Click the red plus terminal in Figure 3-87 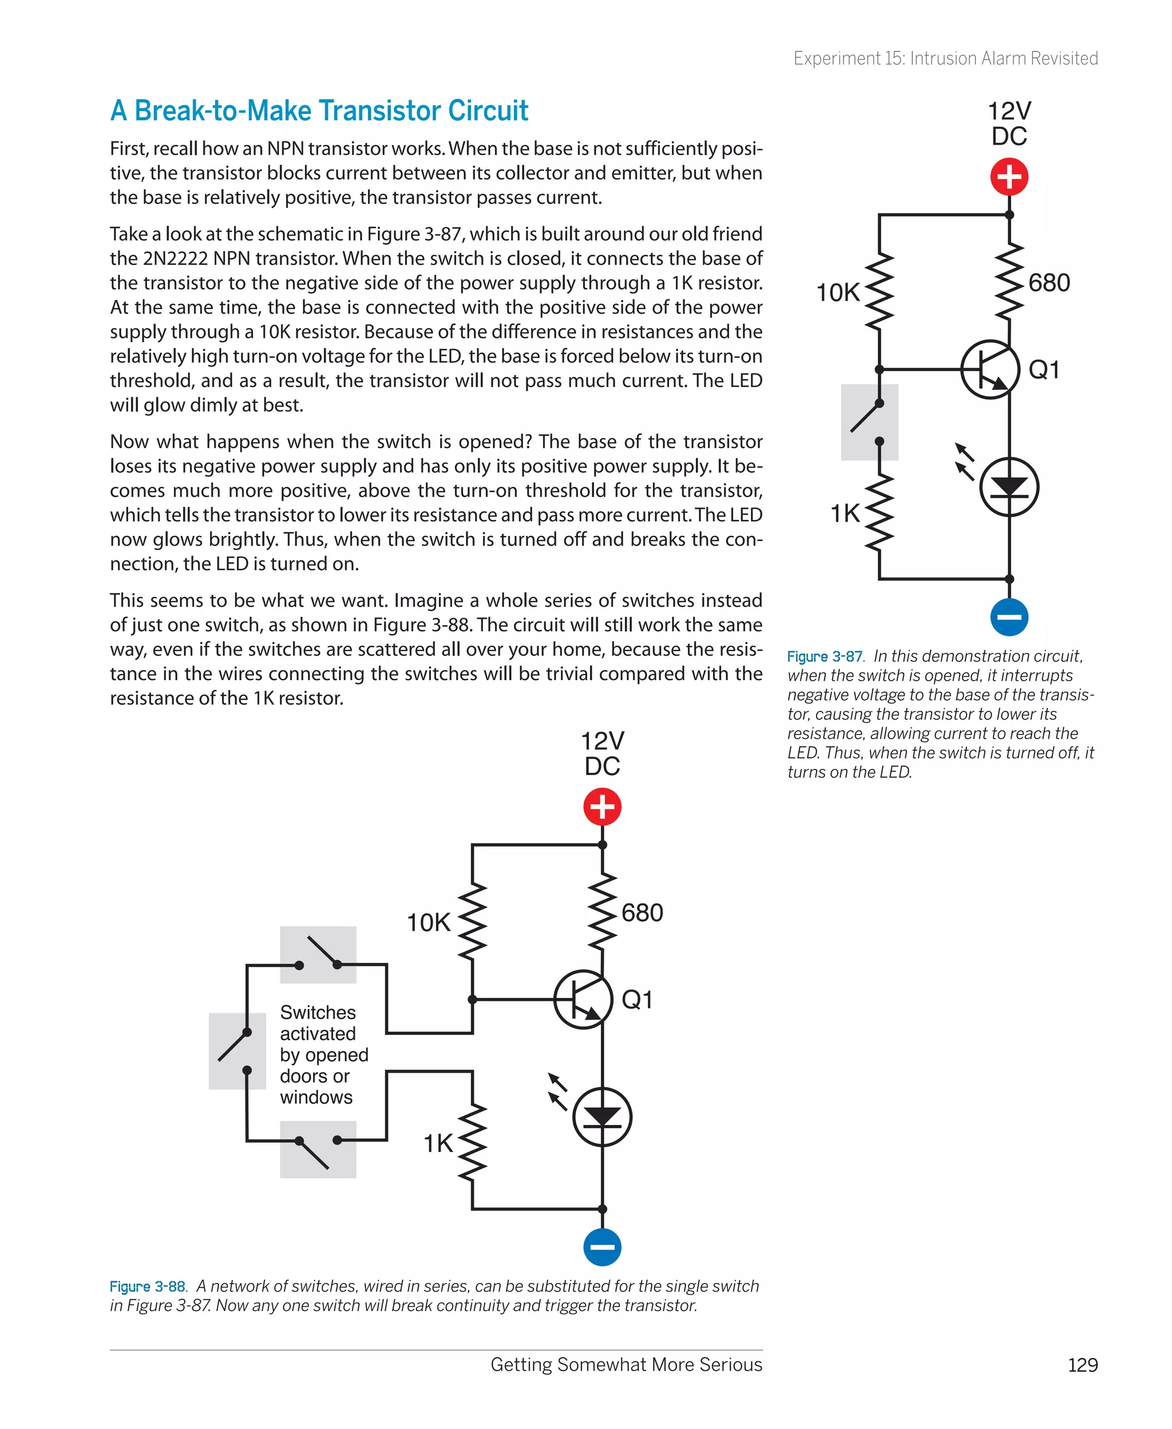pyautogui.click(x=1009, y=177)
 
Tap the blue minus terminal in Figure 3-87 pyautogui.click(x=1009, y=617)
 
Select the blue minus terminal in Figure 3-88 pyautogui.click(x=602, y=1247)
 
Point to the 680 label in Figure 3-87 pyautogui.click(x=1048, y=282)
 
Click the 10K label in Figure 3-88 pyautogui.click(x=428, y=922)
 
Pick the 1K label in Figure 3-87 pyautogui.click(x=845, y=513)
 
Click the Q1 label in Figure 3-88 pyautogui.click(x=636, y=1000)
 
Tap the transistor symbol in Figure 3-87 pyautogui.click(x=989, y=369)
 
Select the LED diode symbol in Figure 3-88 pyautogui.click(x=602, y=1117)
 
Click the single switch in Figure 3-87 pyautogui.click(x=869, y=422)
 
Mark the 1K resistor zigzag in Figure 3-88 pyautogui.click(x=473, y=1141)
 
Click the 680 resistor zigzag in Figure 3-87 pyautogui.click(x=1009, y=282)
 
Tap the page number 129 pyautogui.click(x=1082, y=1365)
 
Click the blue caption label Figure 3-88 pyautogui.click(x=147, y=1286)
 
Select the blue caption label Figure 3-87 pyautogui.click(x=824, y=657)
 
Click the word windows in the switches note pyautogui.click(x=316, y=1098)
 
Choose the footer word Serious pyautogui.click(x=731, y=1365)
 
